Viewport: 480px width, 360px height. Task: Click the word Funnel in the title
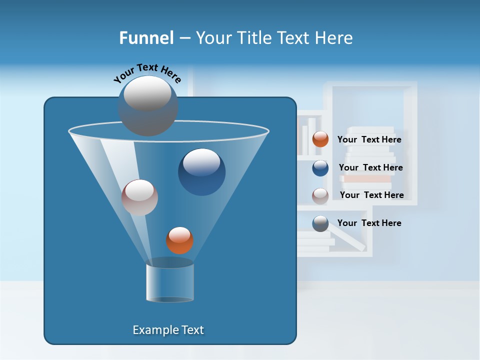(146, 38)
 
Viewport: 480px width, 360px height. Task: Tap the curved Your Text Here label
(147, 73)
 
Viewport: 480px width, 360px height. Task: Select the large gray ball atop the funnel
(147, 105)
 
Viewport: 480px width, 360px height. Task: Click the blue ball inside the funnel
(201, 171)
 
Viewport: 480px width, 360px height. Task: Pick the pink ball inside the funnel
(139, 197)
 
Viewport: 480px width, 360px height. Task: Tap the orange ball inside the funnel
(179, 240)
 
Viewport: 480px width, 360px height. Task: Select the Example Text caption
(168, 330)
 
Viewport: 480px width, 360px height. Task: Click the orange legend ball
(320, 139)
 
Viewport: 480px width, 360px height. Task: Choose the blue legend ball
(320, 167)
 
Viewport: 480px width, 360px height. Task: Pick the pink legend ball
(320, 195)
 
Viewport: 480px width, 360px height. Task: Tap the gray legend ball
(320, 223)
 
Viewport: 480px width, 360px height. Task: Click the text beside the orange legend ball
(369, 140)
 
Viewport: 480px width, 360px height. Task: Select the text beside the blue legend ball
(370, 168)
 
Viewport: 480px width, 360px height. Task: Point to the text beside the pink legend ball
(371, 195)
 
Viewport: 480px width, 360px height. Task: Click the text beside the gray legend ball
(369, 223)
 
